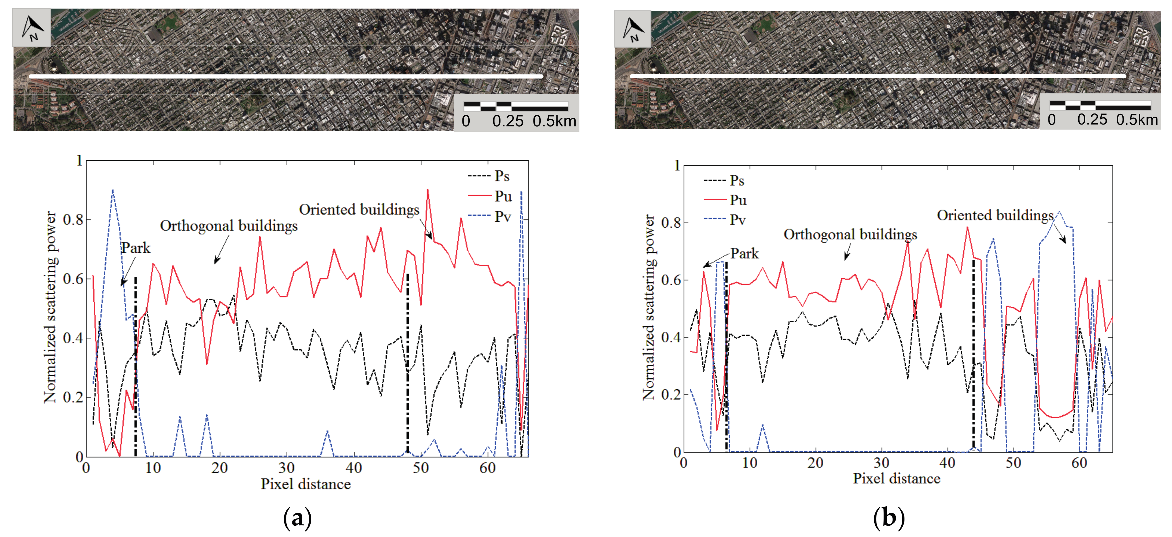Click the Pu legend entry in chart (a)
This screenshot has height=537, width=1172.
[503, 196]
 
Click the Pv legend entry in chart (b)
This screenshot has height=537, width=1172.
[737, 220]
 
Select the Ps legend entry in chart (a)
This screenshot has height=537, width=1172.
[502, 176]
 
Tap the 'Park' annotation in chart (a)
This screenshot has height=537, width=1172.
[135, 248]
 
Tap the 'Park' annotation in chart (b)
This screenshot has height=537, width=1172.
[744, 253]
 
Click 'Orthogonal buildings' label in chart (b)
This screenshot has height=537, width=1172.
[850, 234]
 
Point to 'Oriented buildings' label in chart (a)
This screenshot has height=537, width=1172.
[359, 210]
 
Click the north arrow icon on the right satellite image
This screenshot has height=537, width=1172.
[633, 30]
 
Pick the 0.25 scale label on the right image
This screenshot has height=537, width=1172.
[1092, 120]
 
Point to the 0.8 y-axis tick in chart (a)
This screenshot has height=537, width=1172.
[73, 220]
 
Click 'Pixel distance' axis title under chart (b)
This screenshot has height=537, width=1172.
[896, 479]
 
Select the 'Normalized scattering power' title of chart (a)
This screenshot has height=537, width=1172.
[50, 307]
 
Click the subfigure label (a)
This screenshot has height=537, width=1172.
[297, 518]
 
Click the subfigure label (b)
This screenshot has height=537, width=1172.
[888, 518]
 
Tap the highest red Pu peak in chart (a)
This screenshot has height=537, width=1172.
[427, 190]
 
